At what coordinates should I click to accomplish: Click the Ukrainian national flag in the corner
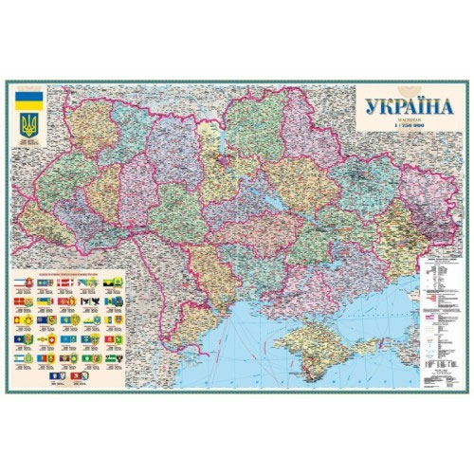[x=28, y=100]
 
